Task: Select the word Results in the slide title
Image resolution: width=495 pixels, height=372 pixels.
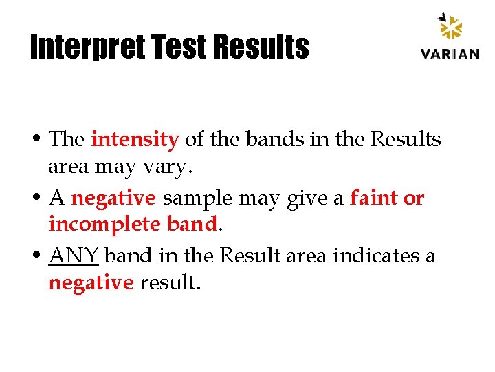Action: point(261,48)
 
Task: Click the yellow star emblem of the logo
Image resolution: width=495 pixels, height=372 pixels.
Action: point(451,28)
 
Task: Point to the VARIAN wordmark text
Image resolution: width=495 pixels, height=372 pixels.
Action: point(450,54)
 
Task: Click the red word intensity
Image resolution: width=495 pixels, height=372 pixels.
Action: point(135,139)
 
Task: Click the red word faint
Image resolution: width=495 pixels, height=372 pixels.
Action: point(374,198)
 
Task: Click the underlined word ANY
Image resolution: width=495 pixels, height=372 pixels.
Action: point(74,256)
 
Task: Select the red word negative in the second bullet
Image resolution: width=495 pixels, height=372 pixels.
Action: point(114,198)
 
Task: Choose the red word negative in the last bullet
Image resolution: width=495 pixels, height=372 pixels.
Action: point(91,283)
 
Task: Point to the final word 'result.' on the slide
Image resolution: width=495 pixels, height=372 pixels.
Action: point(170,283)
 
